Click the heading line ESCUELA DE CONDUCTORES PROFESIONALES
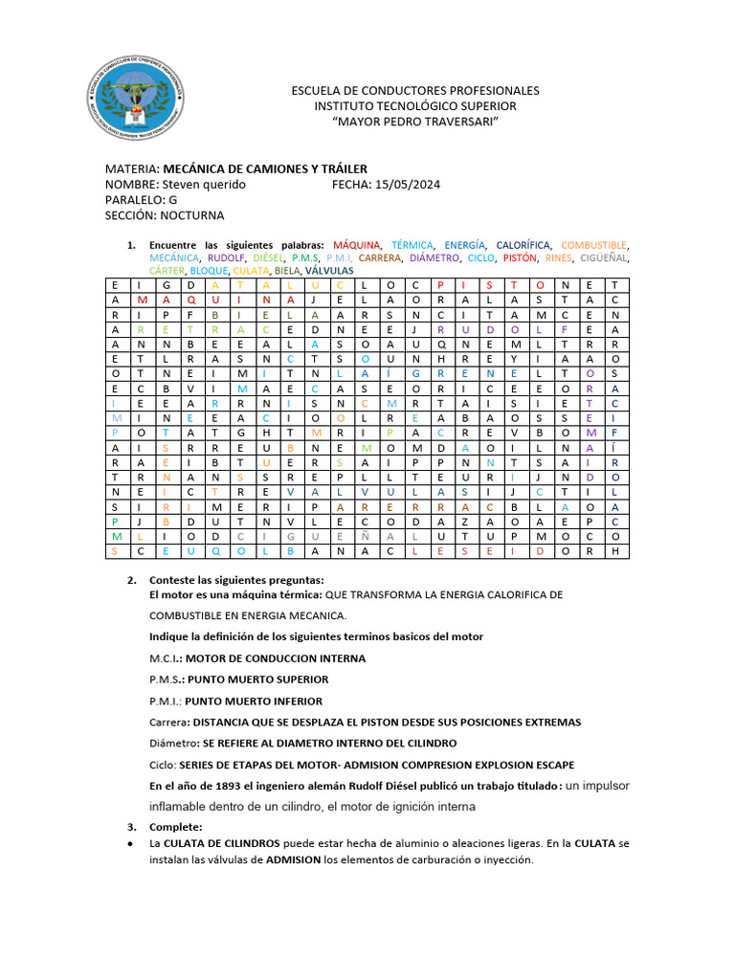pyautogui.click(x=414, y=90)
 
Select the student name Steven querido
pyautogui.click(x=204, y=184)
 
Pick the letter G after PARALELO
pyautogui.click(x=173, y=200)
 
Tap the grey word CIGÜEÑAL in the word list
pyautogui.click(x=604, y=258)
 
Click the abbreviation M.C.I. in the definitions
pyautogui.click(x=166, y=658)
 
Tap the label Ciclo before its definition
pyautogui.click(x=163, y=765)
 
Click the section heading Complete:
pyautogui.click(x=175, y=826)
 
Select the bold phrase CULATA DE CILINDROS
pyautogui.click(x=221, y=843)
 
